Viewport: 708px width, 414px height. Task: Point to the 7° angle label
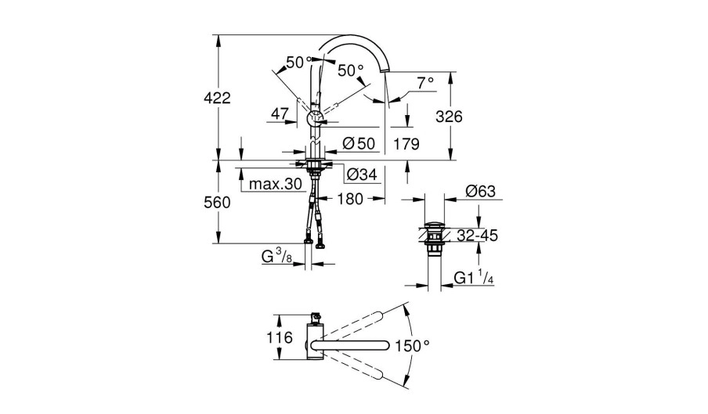[425, 82]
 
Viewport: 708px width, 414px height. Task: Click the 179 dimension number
[406, 144]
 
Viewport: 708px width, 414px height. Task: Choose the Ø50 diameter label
[359, 144]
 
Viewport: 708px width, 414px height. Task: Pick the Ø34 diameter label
[362, 174]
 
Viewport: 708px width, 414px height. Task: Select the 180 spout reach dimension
[350, 200]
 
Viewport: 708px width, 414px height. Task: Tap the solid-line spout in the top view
[352, 345]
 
